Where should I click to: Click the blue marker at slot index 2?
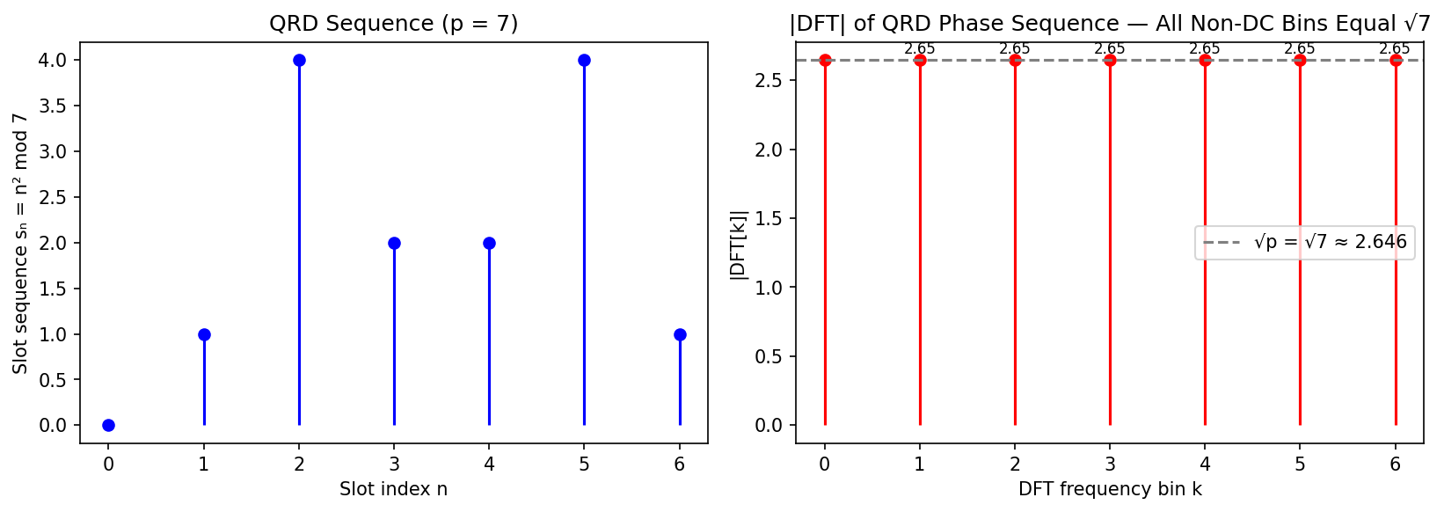[x=299, y=60]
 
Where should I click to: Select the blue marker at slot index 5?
[x=584, y=60]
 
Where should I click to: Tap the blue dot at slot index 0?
[x=108, y=425]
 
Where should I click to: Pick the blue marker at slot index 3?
[x=394, y=243]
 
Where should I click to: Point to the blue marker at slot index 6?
[x=680, y=334]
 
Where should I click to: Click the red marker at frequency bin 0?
[x=825, y=60]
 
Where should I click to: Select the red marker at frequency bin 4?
[x=1205, y=60]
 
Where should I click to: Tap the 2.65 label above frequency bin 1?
[x=920, y=49]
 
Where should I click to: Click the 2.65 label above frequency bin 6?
[x=1395, y=49]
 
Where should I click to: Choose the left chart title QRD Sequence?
[x=393, y=24]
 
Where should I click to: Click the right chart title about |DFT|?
[x=1110, y=24]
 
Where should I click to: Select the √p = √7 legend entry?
[x=1305, y=242]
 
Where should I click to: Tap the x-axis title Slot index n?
[x=393, y=489]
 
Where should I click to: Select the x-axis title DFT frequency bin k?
[x=1110, y=489]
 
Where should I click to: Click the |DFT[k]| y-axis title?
[x=739, y=245]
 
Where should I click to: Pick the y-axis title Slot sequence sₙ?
[x=20, y=243]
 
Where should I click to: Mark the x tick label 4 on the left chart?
[x=489, y=464]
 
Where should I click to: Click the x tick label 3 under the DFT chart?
[x=1110, y=464]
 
